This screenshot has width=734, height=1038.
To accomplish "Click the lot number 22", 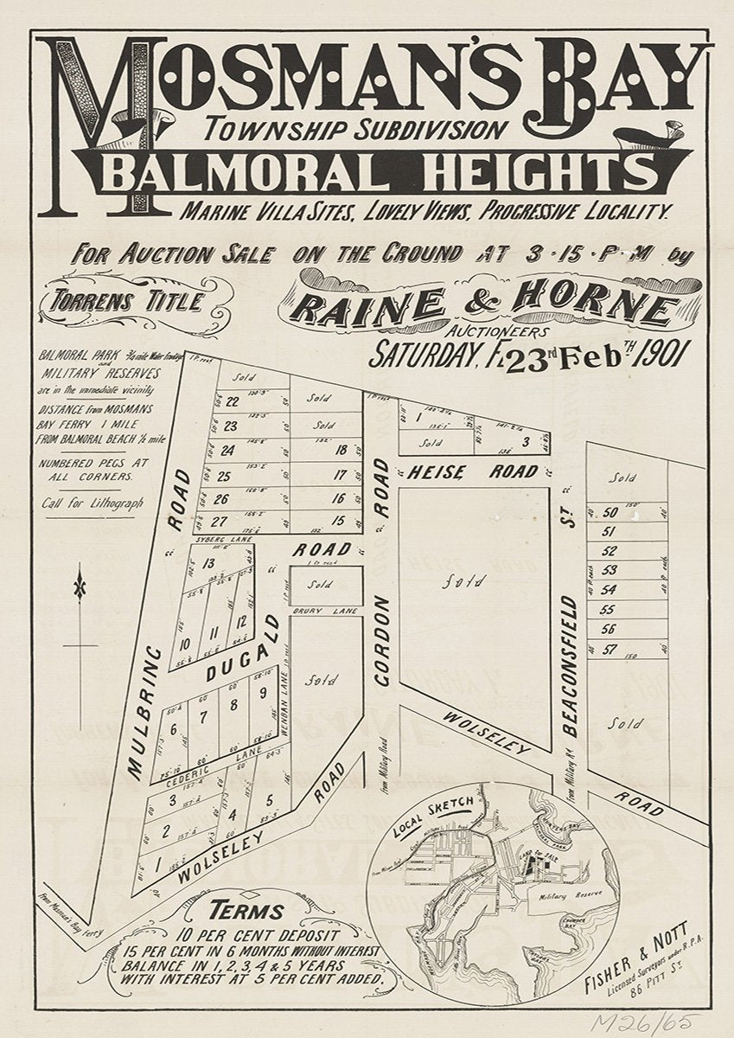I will pyautogui.click(x=232, y=401).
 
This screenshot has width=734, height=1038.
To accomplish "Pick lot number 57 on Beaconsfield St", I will pyautogui.click(x=610, y=648).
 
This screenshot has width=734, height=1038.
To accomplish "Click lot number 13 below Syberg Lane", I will pyautogui.click(x=207, y=564).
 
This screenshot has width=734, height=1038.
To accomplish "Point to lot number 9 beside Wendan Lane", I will pyautogui.click(x=262, y=692).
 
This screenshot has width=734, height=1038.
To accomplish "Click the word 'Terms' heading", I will pyautogui.click(x=249, y=910).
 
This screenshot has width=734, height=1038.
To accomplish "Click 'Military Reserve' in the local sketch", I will pyautogui.click(x=566, y=890).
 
